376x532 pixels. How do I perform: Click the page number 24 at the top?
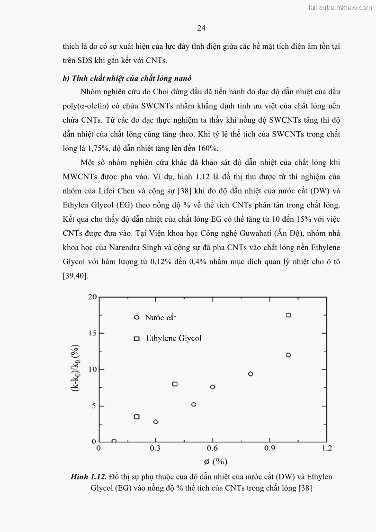201,28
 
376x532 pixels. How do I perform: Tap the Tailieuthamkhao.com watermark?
340,7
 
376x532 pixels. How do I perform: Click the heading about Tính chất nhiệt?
126,78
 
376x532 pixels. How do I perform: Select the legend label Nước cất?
161,317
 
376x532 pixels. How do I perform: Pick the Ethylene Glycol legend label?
173,338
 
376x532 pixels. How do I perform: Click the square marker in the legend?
137,338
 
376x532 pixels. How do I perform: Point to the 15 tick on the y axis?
91,333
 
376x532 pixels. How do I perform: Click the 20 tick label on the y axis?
91,297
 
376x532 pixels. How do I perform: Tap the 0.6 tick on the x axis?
212,448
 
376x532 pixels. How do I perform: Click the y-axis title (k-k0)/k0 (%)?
75,370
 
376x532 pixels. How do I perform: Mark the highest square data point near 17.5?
288,315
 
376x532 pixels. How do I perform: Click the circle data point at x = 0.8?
251,374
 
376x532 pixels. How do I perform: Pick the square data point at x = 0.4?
175,384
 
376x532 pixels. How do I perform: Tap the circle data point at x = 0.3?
156,422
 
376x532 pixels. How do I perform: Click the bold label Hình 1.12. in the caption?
88,477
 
